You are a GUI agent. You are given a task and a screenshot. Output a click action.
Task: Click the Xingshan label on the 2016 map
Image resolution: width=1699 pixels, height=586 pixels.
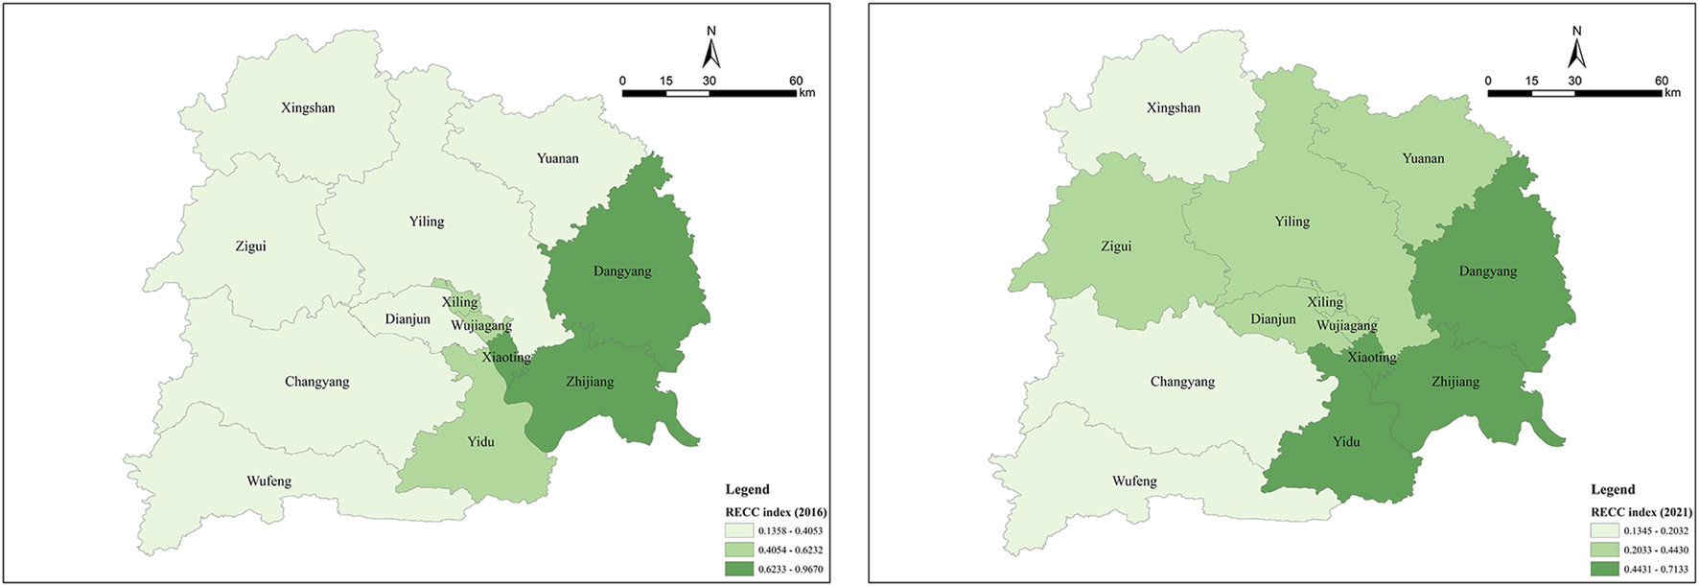308,108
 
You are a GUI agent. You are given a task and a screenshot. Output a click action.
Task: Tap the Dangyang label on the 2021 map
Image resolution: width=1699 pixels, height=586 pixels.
1487,271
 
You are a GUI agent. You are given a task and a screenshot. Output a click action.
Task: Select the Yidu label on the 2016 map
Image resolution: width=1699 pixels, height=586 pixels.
480,442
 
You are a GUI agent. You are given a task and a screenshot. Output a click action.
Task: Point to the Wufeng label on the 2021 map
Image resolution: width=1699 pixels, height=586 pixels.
1134,481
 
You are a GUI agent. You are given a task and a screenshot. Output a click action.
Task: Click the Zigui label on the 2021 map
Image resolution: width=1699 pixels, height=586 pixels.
1116,246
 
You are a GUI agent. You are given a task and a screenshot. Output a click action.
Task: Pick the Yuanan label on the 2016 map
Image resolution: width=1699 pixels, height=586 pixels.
557,159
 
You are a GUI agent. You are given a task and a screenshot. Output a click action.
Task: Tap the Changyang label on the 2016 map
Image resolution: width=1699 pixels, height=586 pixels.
316,382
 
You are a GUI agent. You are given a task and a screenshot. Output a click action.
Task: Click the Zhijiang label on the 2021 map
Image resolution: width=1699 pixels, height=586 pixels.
1455,382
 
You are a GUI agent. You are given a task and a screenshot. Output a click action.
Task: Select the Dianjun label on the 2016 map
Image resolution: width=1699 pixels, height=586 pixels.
407,319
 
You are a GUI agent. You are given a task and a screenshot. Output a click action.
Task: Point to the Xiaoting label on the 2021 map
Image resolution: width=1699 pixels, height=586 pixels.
1371,358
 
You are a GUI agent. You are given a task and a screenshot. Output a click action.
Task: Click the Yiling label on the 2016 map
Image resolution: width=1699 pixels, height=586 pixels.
427,222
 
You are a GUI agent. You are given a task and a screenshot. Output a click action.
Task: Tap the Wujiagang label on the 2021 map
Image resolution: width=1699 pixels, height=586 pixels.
1346,326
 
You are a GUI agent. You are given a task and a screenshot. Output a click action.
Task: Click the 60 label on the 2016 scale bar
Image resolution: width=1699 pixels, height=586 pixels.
796,81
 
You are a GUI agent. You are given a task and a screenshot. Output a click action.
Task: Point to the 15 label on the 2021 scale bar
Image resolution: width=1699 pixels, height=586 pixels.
1531,81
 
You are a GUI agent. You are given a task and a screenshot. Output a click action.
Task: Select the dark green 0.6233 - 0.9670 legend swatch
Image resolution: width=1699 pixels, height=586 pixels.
738,569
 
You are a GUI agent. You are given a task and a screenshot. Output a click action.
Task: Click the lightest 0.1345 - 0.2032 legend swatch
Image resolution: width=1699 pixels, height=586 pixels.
1603,530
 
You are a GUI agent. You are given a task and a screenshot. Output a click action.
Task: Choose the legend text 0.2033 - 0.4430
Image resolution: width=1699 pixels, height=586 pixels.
1656,550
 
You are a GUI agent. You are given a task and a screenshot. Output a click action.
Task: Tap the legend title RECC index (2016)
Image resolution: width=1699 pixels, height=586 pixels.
775,512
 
